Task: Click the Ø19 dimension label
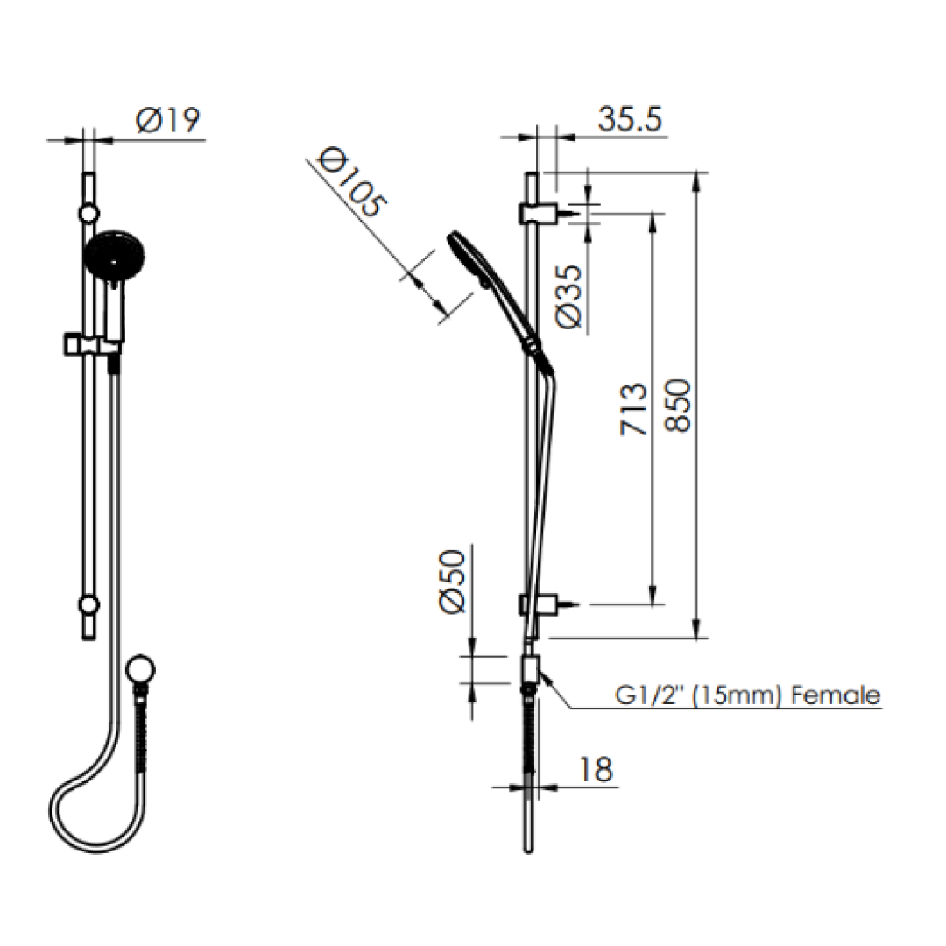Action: pyautogui.click(x=169, y=121)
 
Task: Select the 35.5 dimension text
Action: pyautogui.click(x=629, y=119)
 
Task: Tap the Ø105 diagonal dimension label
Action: pyautogui.click(x=351, y=183)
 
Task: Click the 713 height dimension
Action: pyautogui.click(x=633, y=408)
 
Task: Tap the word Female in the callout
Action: pyautogui.click(x=835, y=695)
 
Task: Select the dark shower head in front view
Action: pyautogui.click(x=115, y=256)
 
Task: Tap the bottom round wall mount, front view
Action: pyautogui.click(x=88, y=604)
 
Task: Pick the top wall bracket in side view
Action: pyautogui.click(x=538, y=213)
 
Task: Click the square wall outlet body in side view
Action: pyautogui.click(x=531, y=670)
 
